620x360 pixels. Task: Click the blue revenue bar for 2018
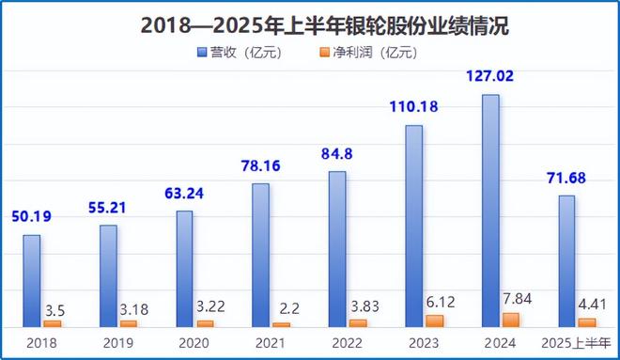tap(32, 280)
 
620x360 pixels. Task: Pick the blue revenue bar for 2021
tap(260, 255)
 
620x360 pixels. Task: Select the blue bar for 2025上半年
tap(566, 260)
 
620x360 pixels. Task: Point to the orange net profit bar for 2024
tap(511, 320)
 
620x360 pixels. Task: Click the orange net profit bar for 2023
tap(434, 321)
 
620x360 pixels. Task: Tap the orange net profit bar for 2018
tap(53, 323)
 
